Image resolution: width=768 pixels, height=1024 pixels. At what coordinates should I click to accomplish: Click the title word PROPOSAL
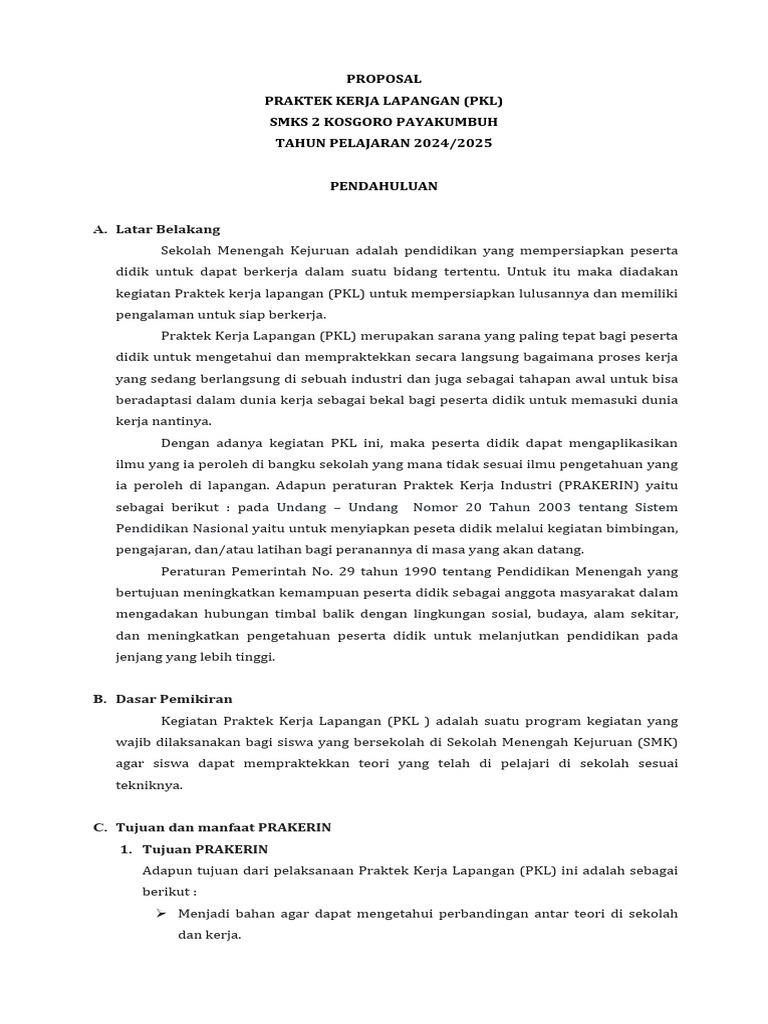coord(384,79)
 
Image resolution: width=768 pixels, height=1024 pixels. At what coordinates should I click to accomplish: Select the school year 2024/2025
coord(455,143)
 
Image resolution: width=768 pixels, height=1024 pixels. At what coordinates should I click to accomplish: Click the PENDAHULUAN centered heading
coord(384,186)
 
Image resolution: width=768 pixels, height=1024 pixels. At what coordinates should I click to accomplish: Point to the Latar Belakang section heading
coord(168,229)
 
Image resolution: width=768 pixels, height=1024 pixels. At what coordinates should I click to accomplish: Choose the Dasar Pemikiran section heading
coord(174,699)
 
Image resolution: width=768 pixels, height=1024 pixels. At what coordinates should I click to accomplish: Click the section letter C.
coord(99,827)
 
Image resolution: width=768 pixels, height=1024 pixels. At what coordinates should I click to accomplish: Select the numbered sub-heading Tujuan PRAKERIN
coord(205,849)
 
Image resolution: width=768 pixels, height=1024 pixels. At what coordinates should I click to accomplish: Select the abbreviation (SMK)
coord(656,742)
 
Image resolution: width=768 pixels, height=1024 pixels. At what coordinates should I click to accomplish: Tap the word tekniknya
coord(149,785)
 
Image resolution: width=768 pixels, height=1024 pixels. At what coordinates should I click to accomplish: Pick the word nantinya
coord(179,421)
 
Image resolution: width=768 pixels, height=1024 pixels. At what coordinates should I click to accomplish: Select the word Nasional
coord(223,528)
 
